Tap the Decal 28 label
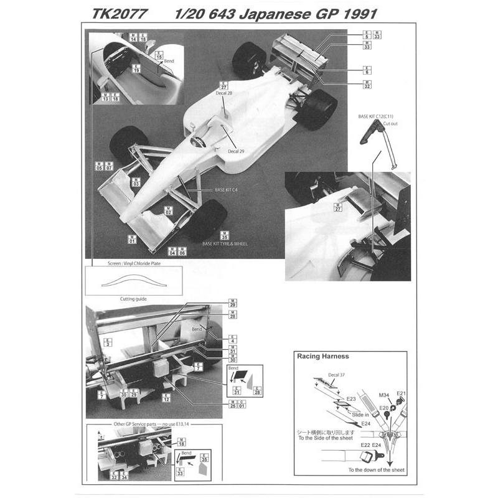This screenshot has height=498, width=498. (224, 93)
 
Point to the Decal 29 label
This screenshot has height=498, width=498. (236, 151)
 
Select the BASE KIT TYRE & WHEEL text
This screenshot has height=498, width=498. (225, 243)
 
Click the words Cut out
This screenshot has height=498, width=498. (390, 124)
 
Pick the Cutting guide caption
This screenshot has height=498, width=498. (133, 299)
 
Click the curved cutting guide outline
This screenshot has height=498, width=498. (133, 283)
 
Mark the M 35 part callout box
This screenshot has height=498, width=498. (224, 235)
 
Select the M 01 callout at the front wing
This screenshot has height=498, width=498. (132, 238)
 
